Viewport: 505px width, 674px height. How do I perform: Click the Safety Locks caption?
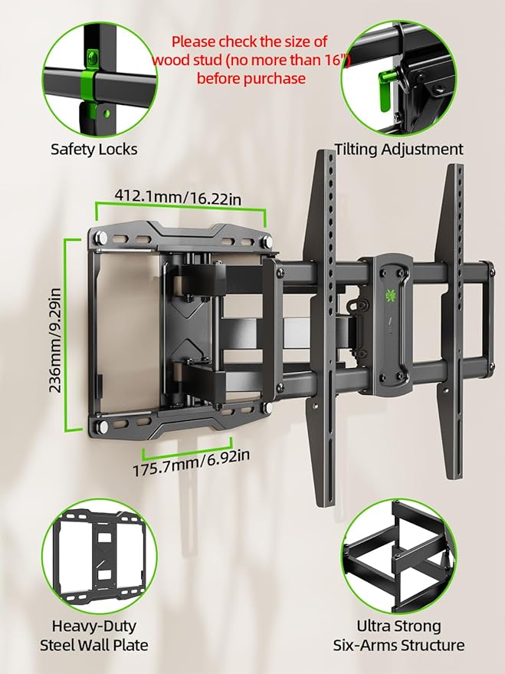click(94, 149)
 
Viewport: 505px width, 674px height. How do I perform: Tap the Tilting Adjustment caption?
click(398, 149)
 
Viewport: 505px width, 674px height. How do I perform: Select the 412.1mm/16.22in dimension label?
click(179, 198)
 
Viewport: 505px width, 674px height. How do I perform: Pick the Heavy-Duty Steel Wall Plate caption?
click(93, 636)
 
